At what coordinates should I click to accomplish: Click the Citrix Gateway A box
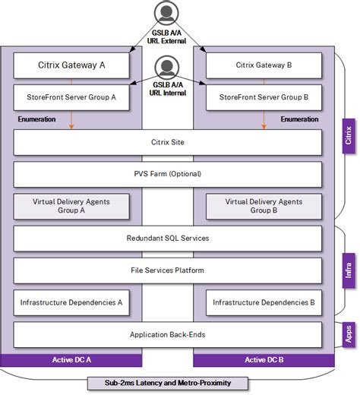click(x=71, y=65)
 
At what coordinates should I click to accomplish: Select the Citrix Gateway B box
click(x=263, y=65)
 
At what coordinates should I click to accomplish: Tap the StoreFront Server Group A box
click(x=71, y=97)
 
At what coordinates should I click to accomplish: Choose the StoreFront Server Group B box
click(x=263, y=97)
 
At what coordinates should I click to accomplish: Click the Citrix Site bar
click(x=168, y=142)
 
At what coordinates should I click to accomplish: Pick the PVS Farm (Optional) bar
click(x=168, y=174)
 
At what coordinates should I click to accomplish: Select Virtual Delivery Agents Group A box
click(x=71, y=207)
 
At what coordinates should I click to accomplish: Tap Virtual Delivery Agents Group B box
click(x=263, y=207)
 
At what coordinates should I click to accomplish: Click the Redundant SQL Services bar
click(x=168, y=239)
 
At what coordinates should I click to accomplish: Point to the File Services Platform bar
click(x=168, y=270)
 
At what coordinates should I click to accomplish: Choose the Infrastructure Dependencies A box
click(x=71, y=302)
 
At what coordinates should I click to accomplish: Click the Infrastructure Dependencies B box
click(x=263, y=302)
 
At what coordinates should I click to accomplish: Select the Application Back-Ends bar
click(x=168, y=334)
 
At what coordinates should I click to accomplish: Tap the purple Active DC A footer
click(x=71, y=359)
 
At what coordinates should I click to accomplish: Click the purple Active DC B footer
click(x=263, y=359)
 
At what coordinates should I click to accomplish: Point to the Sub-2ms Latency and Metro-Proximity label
click(x=168, y=382)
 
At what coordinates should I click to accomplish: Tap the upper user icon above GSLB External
click(x=168, y=12)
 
